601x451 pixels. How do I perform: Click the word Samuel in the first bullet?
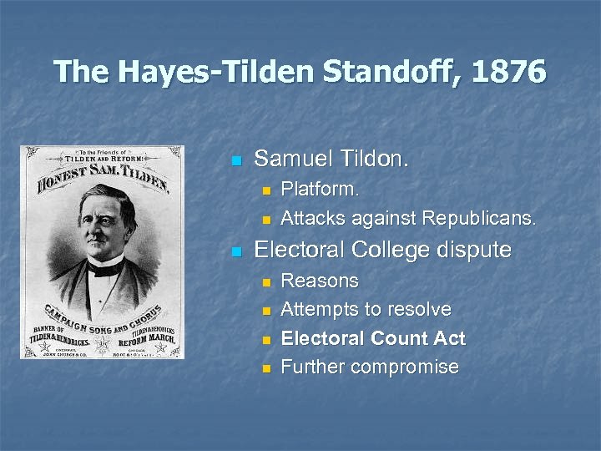pos(290,159)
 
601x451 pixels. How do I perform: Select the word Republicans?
pos(479,219)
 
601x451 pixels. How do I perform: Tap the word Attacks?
pos(313,219)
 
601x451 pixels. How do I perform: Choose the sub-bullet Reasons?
pos(320,281)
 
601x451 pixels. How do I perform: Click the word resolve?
pos(422,310)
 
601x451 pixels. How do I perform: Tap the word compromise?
pos(409,367)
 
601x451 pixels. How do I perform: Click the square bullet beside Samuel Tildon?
pos(237,160)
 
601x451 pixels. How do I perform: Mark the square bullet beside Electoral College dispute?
pos(237,251)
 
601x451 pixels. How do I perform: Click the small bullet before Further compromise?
pos(267,368)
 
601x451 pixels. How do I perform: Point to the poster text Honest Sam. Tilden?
pos(101,175)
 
